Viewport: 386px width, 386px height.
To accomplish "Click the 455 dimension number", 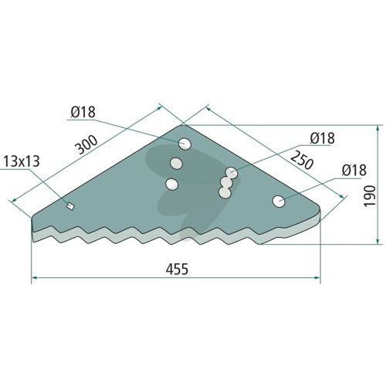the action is point(177,269).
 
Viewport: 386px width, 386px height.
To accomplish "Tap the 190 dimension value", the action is point(370,195).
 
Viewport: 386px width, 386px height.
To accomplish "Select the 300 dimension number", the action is point(86,144).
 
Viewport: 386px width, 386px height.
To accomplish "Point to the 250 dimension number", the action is point(302,160).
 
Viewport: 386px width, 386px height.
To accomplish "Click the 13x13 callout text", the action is point(22,161).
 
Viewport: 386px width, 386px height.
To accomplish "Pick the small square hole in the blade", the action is point(70,206).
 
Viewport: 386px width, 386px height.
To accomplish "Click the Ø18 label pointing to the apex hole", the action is point(83,112).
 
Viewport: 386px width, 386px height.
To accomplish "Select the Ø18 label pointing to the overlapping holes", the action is point(323,138).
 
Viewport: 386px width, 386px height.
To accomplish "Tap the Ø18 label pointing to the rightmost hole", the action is point(354,170).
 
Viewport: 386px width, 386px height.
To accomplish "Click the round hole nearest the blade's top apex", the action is point(185,144).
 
